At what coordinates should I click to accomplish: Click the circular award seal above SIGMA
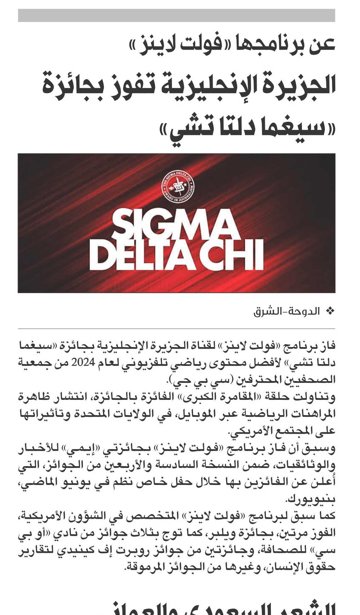(x=178, y=187)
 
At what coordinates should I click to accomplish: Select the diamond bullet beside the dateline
(x=330, y=311)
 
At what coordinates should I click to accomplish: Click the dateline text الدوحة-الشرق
(x=287, y=311)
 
